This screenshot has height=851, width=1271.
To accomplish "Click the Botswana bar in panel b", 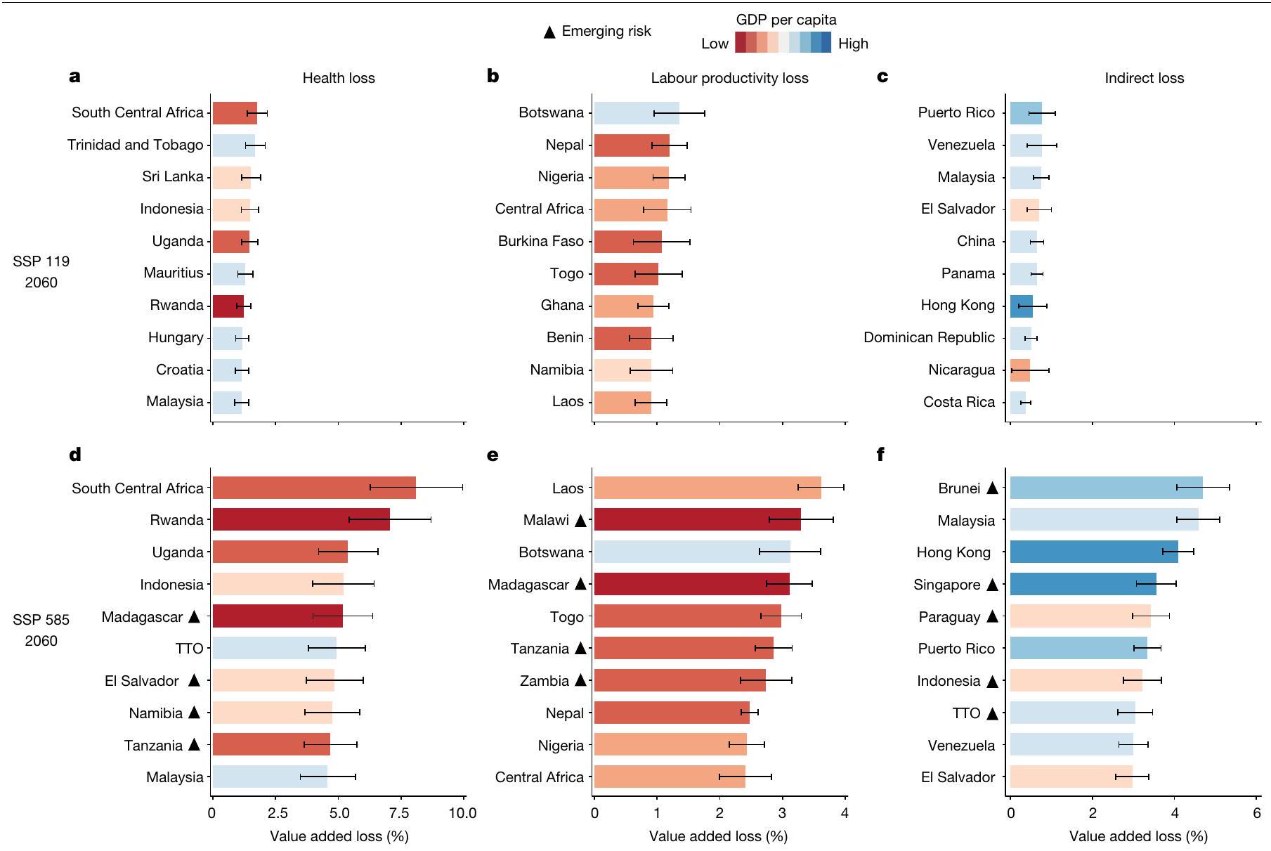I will click(x=637, y=113).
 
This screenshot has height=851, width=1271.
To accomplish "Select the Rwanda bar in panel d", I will click(x=301, y=520).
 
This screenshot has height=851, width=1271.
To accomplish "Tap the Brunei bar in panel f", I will click(x=1106, y=488).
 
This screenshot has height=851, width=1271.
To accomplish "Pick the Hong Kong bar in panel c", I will click(x=1022, y=306).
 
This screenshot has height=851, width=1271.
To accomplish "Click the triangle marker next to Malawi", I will click(x=580, y=521).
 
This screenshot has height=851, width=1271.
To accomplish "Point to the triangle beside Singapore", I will click(x=992, y=585).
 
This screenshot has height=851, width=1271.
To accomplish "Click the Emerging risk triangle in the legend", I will click(x=550, y=32).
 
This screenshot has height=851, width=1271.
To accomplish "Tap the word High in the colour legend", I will click(x=853, y=44).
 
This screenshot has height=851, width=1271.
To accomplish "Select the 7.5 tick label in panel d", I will click(x=401, y=813).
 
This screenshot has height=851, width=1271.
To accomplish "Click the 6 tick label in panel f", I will click(x=1257, y=813).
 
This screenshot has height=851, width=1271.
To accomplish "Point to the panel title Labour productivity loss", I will click(x=729, y=78).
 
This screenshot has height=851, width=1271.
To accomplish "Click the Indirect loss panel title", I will click(x=1144, y=78).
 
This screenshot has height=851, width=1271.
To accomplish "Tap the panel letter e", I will click(x=493, y=455).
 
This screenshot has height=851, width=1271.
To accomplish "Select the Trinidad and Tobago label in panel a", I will click(x=136, y=145).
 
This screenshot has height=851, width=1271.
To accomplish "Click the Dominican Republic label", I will click(x=929, y=337).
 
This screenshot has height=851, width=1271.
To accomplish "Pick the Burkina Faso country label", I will click(x=541, y=241).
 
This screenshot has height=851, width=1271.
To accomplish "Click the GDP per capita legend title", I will click(x=786, y=20).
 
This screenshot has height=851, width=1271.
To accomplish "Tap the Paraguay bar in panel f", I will click(x=1080, y=616).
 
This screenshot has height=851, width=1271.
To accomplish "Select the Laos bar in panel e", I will click(x=708, y=488).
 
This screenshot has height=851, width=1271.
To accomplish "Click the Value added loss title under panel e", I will click(x=718, y=836).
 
